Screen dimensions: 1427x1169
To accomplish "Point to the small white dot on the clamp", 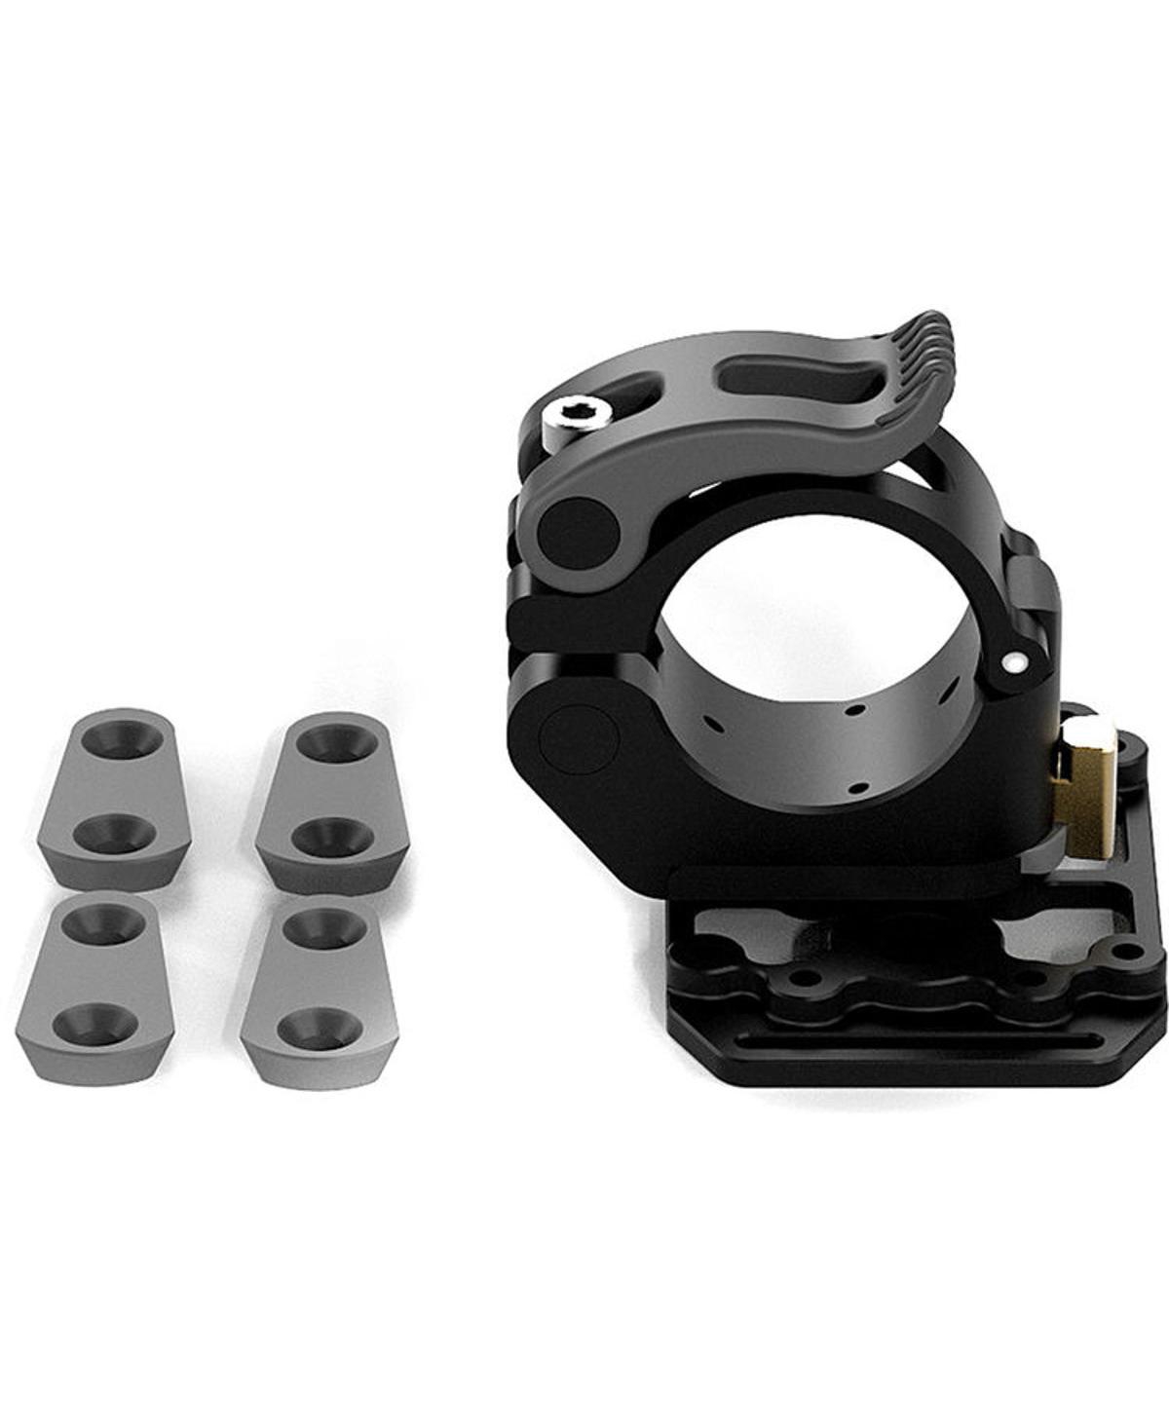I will tap(1016, 663).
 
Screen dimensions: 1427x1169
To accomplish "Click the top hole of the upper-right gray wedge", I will tap(336, 742).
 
